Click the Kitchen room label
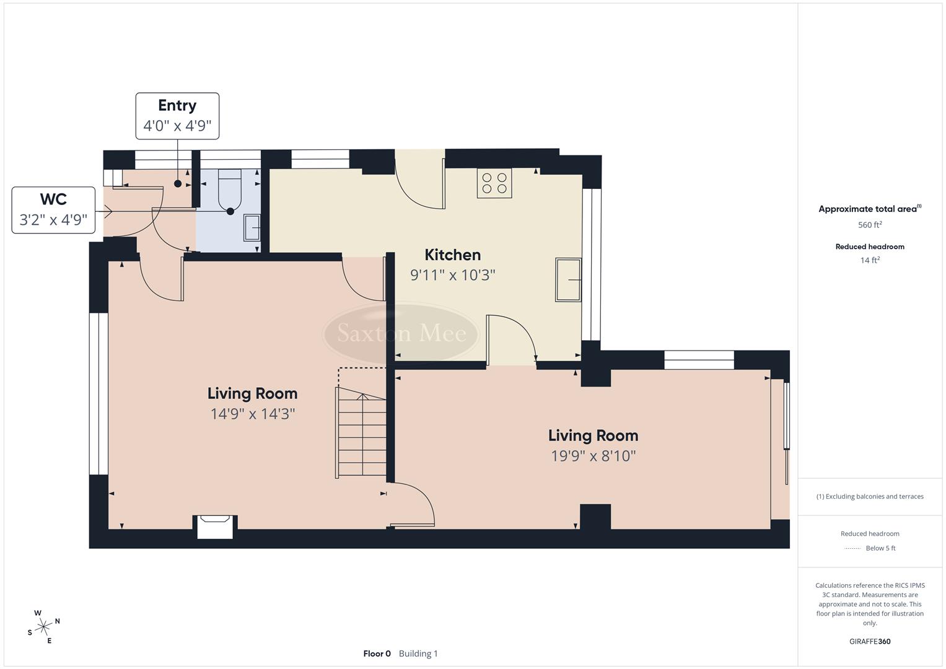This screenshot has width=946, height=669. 452,255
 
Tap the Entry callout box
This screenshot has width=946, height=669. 177,116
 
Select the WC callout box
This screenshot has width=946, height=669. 53,210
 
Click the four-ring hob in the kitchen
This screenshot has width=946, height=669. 494,183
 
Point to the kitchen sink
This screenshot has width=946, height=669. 567,279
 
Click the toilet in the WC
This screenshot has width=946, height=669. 229,189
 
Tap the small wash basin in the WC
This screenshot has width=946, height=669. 252,227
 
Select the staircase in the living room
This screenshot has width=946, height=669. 361,432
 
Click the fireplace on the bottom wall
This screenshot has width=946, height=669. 215,526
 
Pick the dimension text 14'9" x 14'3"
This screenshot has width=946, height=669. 252,414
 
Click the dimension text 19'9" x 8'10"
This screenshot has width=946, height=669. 593,456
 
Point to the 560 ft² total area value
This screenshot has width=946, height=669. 869,225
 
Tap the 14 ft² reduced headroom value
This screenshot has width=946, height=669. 869,260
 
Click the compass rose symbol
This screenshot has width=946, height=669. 43,627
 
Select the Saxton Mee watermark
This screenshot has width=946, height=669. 401,333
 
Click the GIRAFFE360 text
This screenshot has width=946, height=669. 869,641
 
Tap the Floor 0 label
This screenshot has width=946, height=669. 377,654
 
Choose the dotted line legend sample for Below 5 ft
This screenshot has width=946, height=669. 852,548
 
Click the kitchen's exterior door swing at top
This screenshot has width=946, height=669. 420,183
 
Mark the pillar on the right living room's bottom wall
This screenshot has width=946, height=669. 595,517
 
